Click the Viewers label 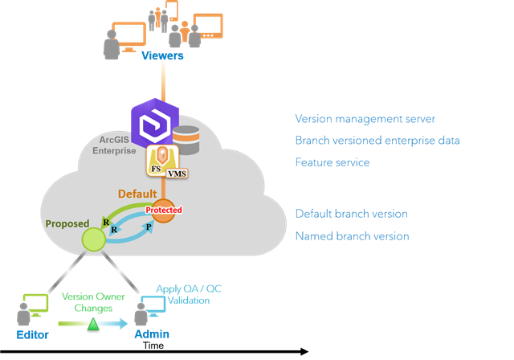point(162,55)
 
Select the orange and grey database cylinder point(186,140)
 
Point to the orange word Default point(137,194)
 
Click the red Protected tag point(163,210)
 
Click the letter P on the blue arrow point(148,228)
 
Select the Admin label point(152,333)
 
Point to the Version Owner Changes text point(93,302)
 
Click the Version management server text point(365,119)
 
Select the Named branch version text point(352,236)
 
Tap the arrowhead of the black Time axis point(304,351)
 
